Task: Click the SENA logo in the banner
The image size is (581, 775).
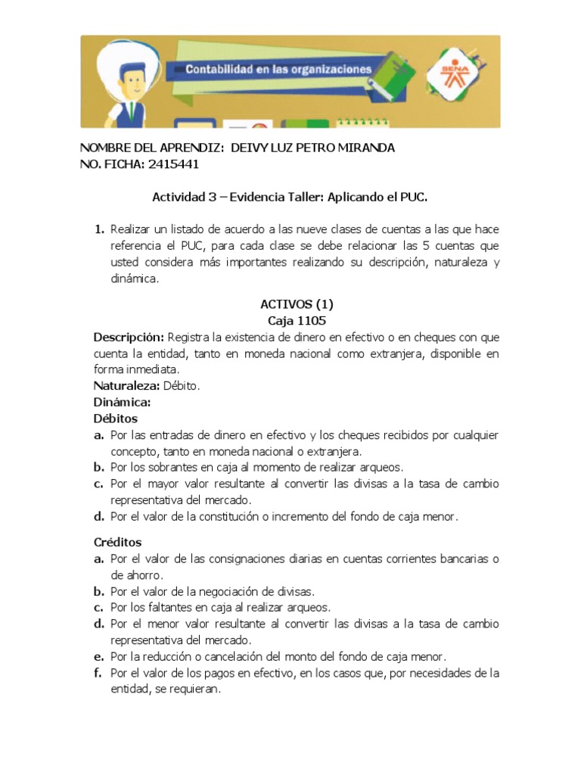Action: tap(452, 75)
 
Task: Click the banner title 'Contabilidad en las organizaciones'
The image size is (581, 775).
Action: tap(279, 70)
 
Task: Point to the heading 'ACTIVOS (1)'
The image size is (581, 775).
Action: tap(297, 304)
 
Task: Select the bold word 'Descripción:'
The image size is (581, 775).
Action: tap(129, 337)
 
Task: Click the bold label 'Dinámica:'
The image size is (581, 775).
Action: tap(122, 402)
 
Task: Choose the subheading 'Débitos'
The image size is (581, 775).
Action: tap(115, 419)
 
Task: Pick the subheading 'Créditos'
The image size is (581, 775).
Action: tap(117, 543)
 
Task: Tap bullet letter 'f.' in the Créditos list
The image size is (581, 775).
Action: tap(98, 673)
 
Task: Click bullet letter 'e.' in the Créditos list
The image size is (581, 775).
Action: tap(98, 656)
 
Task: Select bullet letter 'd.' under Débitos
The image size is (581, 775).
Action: tap(98, 517)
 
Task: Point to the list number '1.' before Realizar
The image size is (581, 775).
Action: tap(98, 229)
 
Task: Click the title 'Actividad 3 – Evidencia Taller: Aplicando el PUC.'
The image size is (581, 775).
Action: tap(290, 198)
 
